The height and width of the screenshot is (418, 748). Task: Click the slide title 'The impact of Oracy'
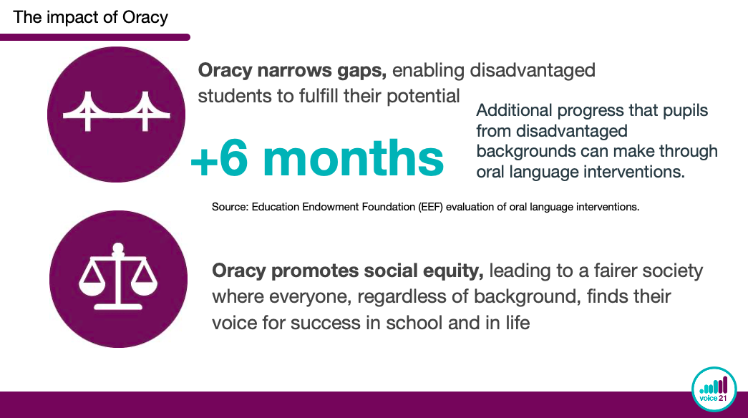[90, 17]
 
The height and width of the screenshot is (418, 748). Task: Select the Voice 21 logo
[714, 389]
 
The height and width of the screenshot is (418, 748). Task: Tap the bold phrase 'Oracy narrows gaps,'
[292, 70]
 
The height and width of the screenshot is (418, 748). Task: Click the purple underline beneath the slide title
[95, 37]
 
